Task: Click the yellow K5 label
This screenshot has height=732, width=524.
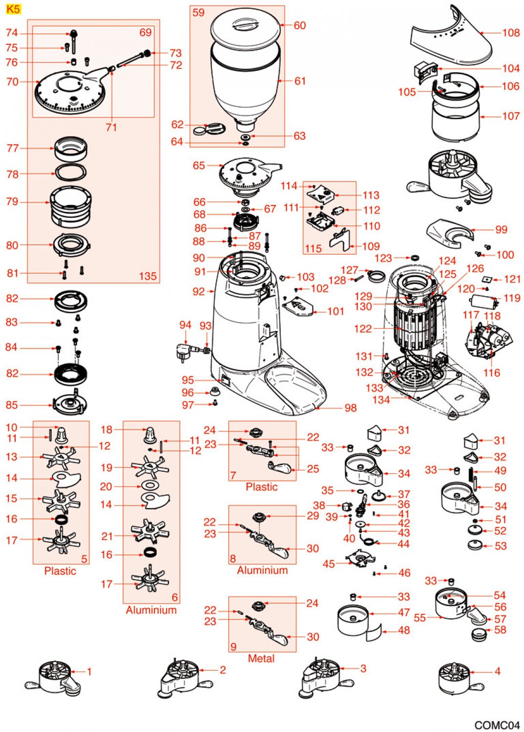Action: click(x=13, y=9)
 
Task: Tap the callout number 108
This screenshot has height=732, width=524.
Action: click(x=511, y=33)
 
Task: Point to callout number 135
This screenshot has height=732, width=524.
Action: click(x=147, y=276)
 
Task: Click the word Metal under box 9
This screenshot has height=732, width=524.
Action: click(x=261, y=658)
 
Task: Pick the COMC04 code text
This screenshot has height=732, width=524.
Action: click(x=497, y=725)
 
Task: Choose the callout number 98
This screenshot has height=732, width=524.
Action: click(x=351, y=407)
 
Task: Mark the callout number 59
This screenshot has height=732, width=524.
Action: click(x=198, y=13)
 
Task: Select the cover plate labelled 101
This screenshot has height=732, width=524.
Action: click(x=298, y=307)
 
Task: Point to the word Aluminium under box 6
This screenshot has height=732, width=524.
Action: click(x=151, y=610)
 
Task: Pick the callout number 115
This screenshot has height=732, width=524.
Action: click(x=313, y=248)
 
